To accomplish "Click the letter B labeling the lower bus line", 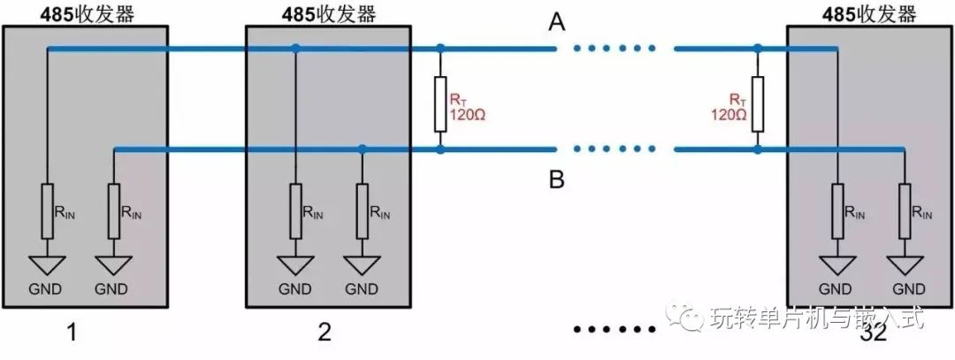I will [556, 180].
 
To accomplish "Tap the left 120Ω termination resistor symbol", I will [440, 103].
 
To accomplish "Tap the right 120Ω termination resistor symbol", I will [757, 103].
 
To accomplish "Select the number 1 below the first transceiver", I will [73, 333].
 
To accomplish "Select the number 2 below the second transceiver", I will [324, 333].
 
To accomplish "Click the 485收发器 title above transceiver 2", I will [328, 13].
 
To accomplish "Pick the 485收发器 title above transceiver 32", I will [869, 13].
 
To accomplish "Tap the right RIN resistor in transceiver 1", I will [115, 211].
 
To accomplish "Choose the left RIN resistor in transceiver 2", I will [295, 211].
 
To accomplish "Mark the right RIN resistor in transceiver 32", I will [904, 211].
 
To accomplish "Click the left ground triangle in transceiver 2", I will [295, 264].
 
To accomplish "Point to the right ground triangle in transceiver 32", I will [904, 264].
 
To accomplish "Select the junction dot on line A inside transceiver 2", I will [295, 49].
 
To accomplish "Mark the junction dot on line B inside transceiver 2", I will [363, 149].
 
